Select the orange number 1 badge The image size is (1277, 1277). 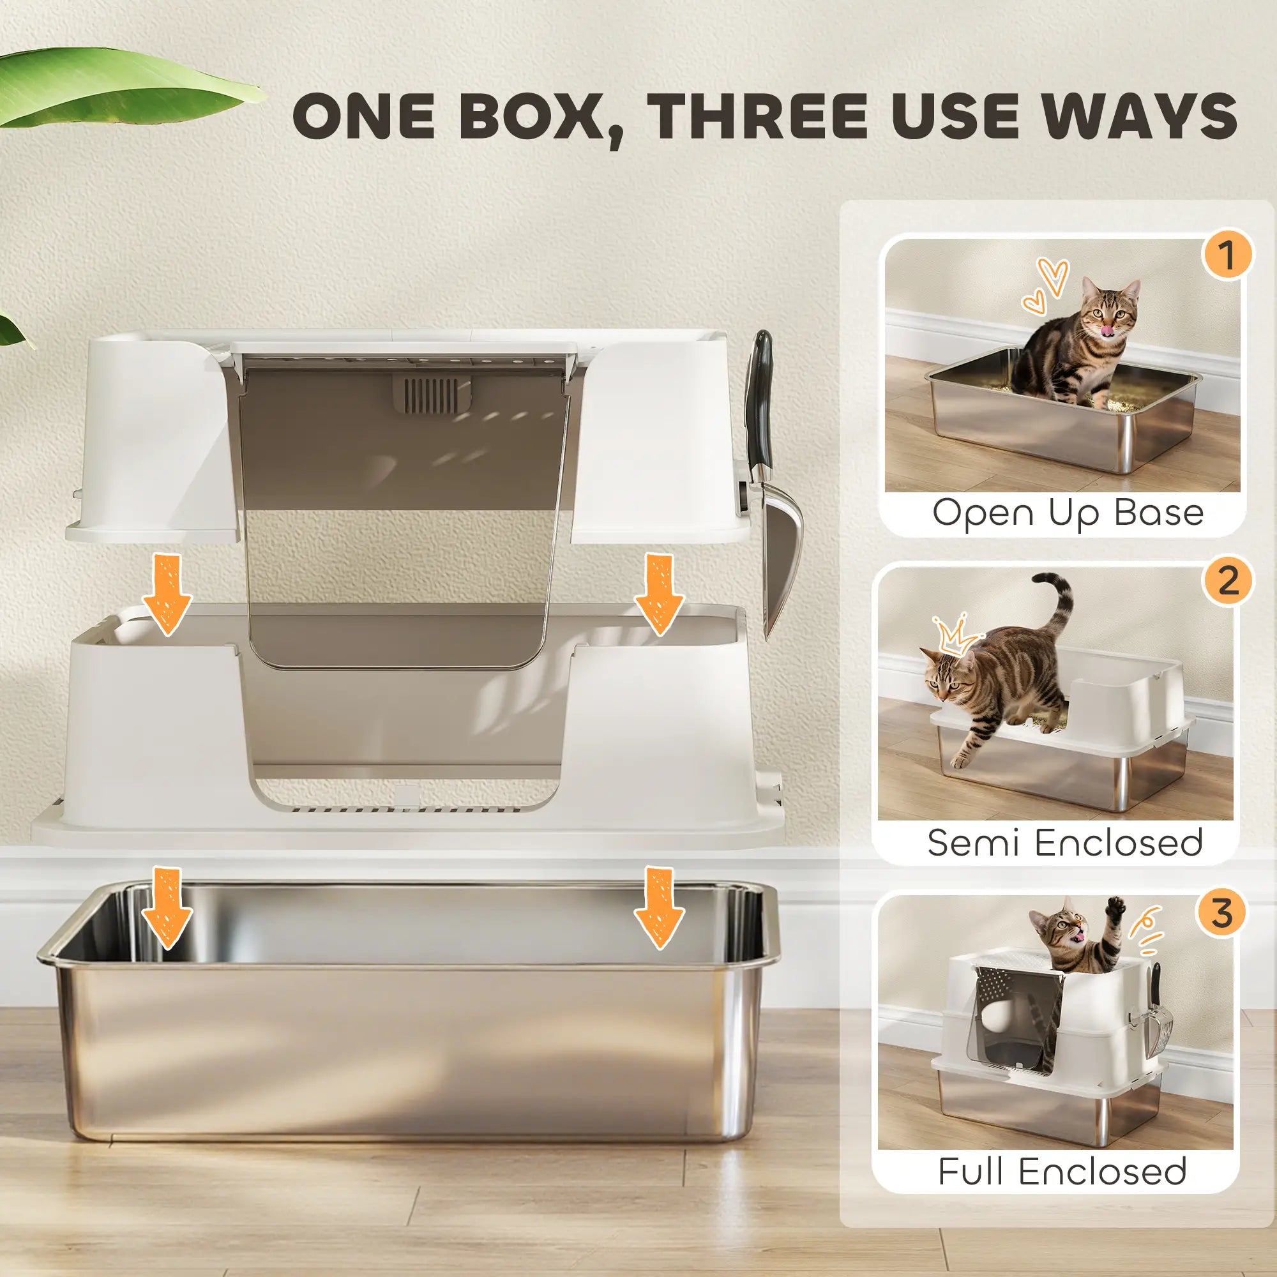coord(1226,255)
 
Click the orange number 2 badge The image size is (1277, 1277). coord(1226,582)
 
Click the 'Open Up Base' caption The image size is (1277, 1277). coord(1068,512)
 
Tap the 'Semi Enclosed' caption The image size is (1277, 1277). coord(1064,842)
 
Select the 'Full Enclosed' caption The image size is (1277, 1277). coord(1062,1171)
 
